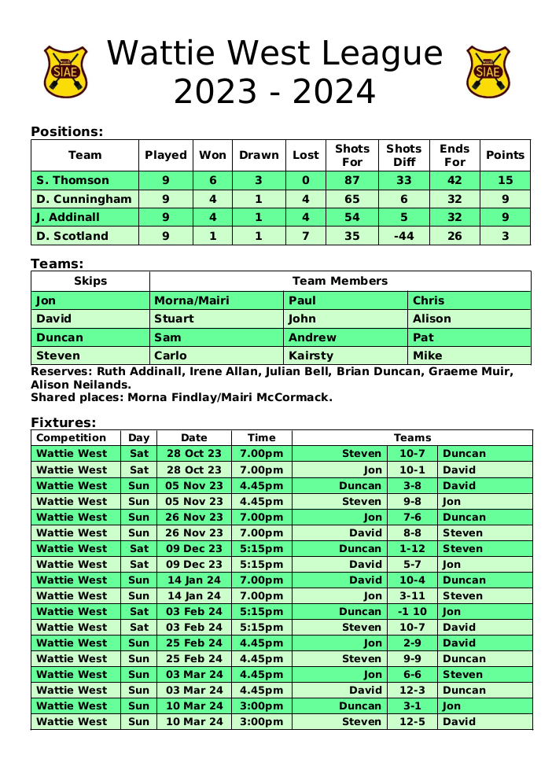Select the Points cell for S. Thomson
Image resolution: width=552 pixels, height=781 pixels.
pos(505,181)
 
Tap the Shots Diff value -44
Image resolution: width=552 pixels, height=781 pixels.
pos(403,236)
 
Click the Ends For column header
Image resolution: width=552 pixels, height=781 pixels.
pos(454,155)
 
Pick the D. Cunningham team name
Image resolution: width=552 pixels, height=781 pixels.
pos(84,199)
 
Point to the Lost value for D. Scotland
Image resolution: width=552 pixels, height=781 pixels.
pos(305,236)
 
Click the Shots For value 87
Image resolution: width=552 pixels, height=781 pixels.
pos(351,181)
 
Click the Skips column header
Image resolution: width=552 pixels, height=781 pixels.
pos(90,281)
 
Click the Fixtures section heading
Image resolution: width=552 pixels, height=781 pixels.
pos(63,422)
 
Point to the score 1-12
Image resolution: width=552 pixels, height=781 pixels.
pos(412,548)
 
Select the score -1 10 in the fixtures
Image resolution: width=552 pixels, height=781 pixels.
pos(412,611)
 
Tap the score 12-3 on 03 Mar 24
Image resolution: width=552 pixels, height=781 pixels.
pos(412,690)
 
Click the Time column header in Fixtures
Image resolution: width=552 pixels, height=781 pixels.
pos(261,437)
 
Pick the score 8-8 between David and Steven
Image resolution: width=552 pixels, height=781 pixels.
pos(412,532)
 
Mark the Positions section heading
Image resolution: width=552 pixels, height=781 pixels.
pos(67,131)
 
